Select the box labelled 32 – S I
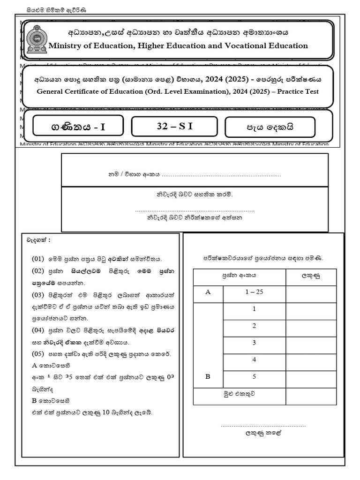point(174,126)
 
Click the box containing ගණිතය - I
point(78,127)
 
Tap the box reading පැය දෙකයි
point(270,127)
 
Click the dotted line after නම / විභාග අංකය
point(221,175)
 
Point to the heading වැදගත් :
point(38,240)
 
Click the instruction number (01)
point(37,259)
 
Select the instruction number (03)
point(37,295)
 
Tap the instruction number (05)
point(37,352)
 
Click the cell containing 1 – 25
point(255,292)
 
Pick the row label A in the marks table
point(208,292)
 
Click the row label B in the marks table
point(208,377)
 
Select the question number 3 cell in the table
point(254,343)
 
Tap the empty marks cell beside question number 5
point(311,377)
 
